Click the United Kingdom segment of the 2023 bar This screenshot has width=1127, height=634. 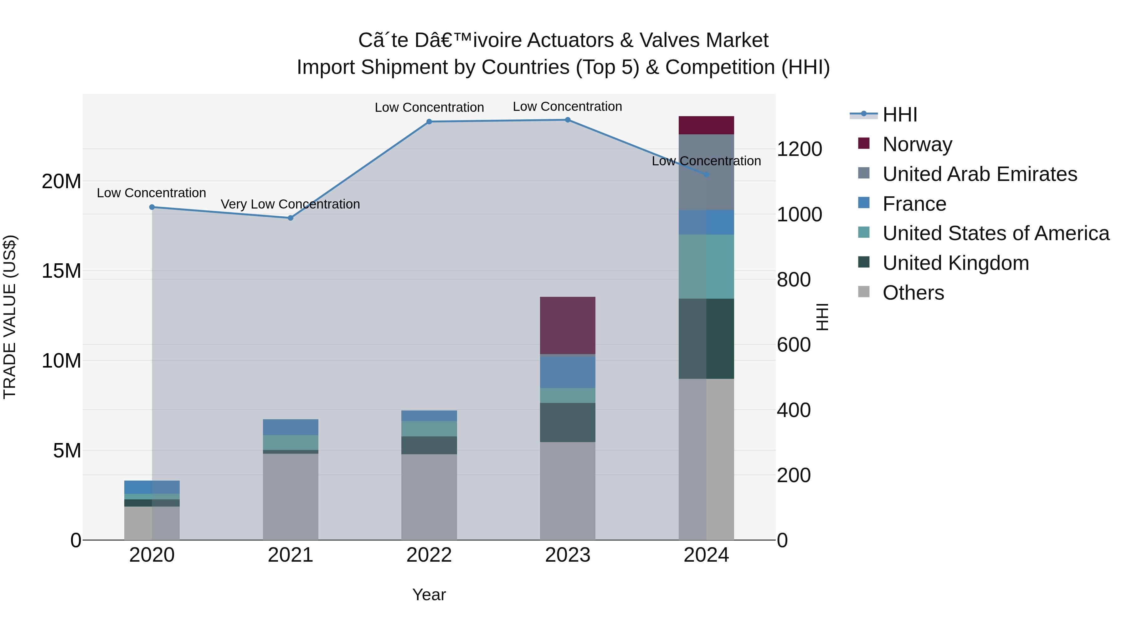(568, 422)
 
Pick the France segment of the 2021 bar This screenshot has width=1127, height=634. (291, 427)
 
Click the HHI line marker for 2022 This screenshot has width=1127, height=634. (429, 122)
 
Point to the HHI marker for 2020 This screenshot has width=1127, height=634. (152, 207)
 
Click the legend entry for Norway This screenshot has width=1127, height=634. (917, 144)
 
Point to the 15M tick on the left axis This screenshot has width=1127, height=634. (61, 271)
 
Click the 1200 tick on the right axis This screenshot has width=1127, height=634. (799, 149)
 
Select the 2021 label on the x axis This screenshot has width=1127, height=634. (291, 555)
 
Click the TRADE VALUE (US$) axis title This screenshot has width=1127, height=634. (10, 317)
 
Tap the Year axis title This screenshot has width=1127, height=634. (429, 595)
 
